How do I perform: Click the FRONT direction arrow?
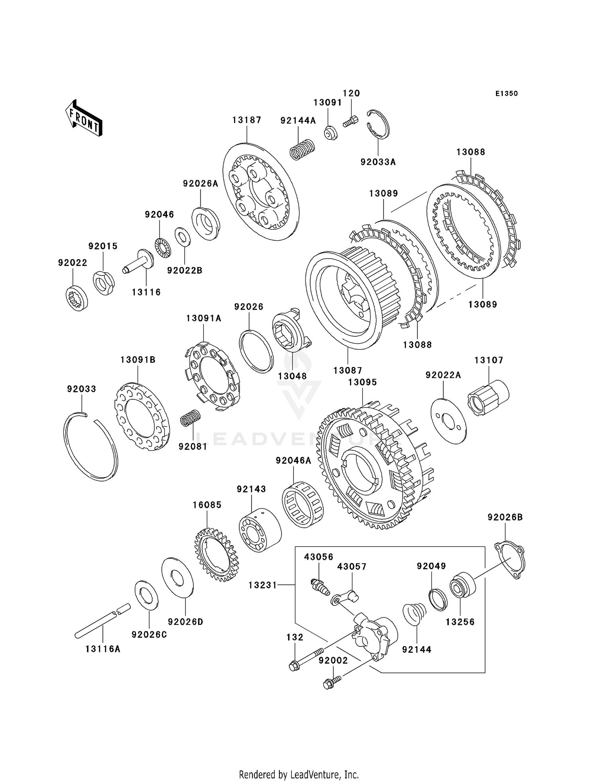tap(84, 118)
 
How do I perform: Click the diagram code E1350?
tap(506, 94)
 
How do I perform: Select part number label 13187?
tap(247, 120)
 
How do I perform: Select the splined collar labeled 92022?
tap(77, 298)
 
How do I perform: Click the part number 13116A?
tap(103, 649)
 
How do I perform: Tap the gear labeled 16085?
tap(216, 554)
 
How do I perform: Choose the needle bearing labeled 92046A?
tap(303, 504)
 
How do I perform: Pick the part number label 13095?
tap(362, 382)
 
